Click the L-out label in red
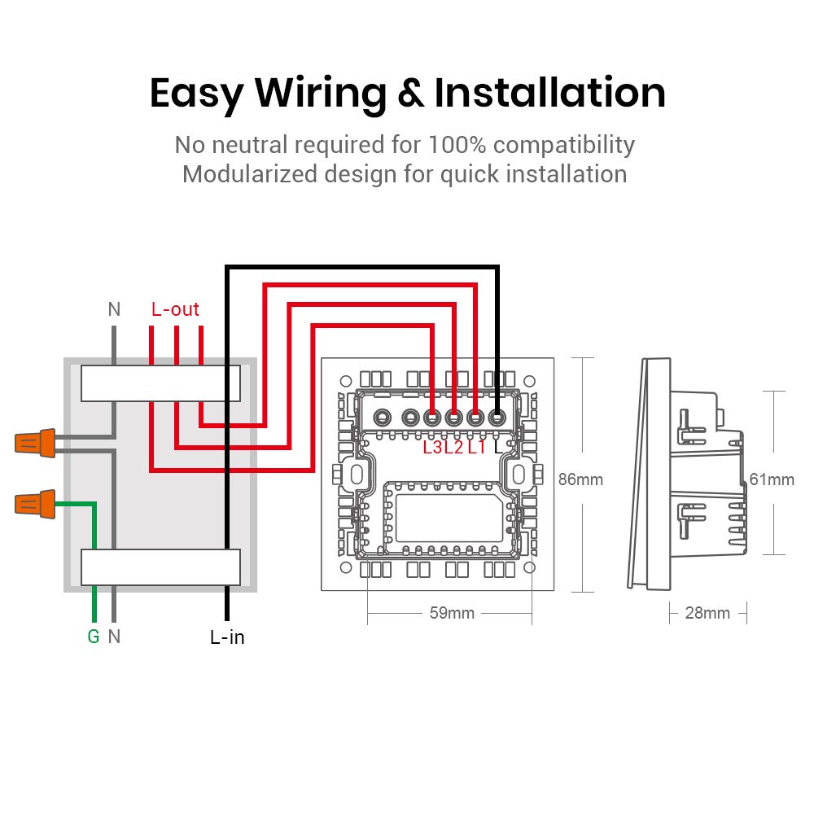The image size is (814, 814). [x=175, y=309]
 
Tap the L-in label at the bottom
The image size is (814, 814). [x=227, y=637]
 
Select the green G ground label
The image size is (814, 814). [x=94, y=637]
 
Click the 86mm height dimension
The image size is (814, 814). [x=580, y=479]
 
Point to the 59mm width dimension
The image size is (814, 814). [x=452, y=613]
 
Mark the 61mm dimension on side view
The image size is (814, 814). [x=772, y=479]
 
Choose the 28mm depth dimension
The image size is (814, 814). [x=707, y=613]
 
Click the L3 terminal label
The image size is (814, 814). [x=433, y=447]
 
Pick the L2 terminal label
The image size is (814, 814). [x=454, y=447]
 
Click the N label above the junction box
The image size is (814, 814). [x=114, y=309]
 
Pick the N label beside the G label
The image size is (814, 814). [x=114, y=637]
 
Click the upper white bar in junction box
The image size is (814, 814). [x=160, y=383]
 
